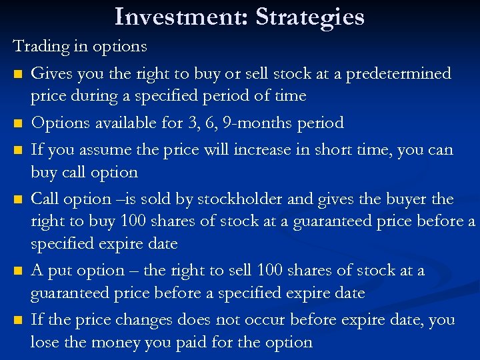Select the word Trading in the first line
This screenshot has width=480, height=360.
(x=43, y=47)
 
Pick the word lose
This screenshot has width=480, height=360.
(x=44, y=343)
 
